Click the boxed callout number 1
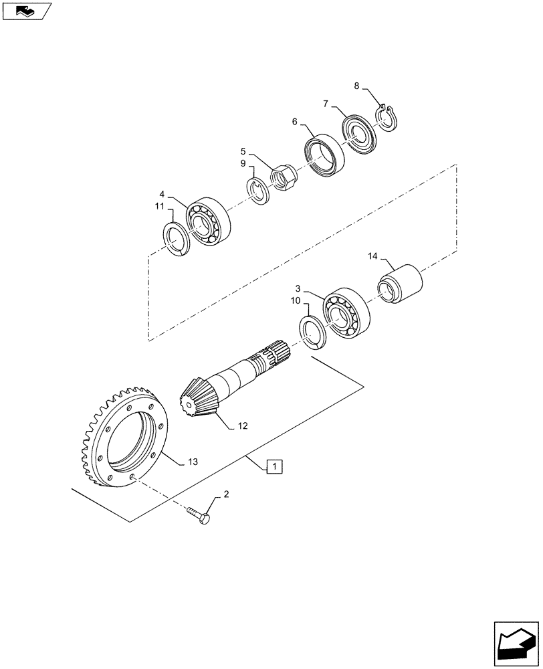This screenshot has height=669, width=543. pyautogui.click(x=276, y=466)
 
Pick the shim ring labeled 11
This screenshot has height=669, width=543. pyautogui.click(x=179, y=239)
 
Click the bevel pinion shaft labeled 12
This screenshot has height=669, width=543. pyautogui.click(x=234, y=381)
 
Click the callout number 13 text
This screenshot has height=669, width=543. pyautogui.click(x=193, y=462)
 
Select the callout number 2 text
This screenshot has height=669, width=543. pyautogui.click(x=226, y=494)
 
